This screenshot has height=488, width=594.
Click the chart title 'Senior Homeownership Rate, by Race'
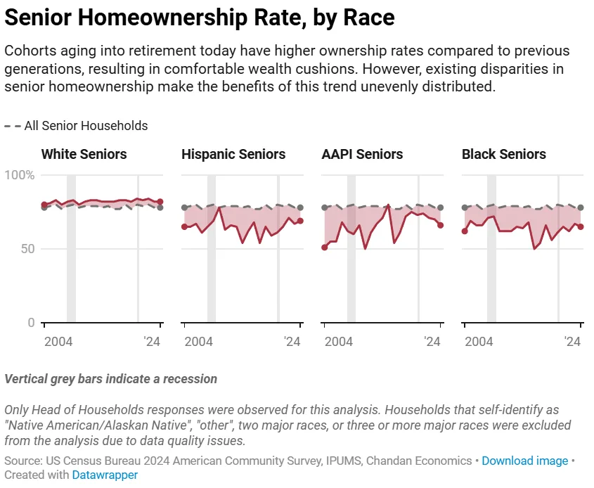click(x=200, y=18)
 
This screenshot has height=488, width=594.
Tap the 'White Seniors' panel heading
click(x=84, y=154)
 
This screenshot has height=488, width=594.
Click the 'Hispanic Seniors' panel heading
click(x=233, y=154)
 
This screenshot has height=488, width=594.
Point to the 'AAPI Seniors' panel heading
click(x=362, y=154)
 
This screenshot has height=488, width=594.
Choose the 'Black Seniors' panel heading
click(x=503, y=154)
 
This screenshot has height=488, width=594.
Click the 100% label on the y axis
click(x=20, y=175)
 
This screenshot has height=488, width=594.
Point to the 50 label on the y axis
click(x=27, y=249)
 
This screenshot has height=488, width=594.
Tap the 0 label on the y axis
click(x=30, y=323)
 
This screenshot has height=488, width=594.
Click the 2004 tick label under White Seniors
click(x=59, y=341)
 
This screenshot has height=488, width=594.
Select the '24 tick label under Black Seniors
click(x=572, y=341)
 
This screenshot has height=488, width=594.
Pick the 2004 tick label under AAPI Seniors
click(x=339, y=341)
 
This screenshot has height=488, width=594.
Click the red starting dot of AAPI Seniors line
click(x=324, y=248)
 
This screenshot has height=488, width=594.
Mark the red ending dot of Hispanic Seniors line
click(x=300, y=221)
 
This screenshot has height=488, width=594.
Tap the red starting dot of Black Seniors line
click(x=465, y=231)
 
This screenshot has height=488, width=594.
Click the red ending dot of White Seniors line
click(x=160, y=202)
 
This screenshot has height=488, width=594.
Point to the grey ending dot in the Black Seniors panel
click(x=581, y=207)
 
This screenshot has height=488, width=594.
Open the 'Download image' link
click(x=524, y=461)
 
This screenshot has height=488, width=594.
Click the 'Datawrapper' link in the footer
click(x=105, y=475)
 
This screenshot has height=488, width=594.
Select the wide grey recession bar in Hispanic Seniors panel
click(x=211, y=249)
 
